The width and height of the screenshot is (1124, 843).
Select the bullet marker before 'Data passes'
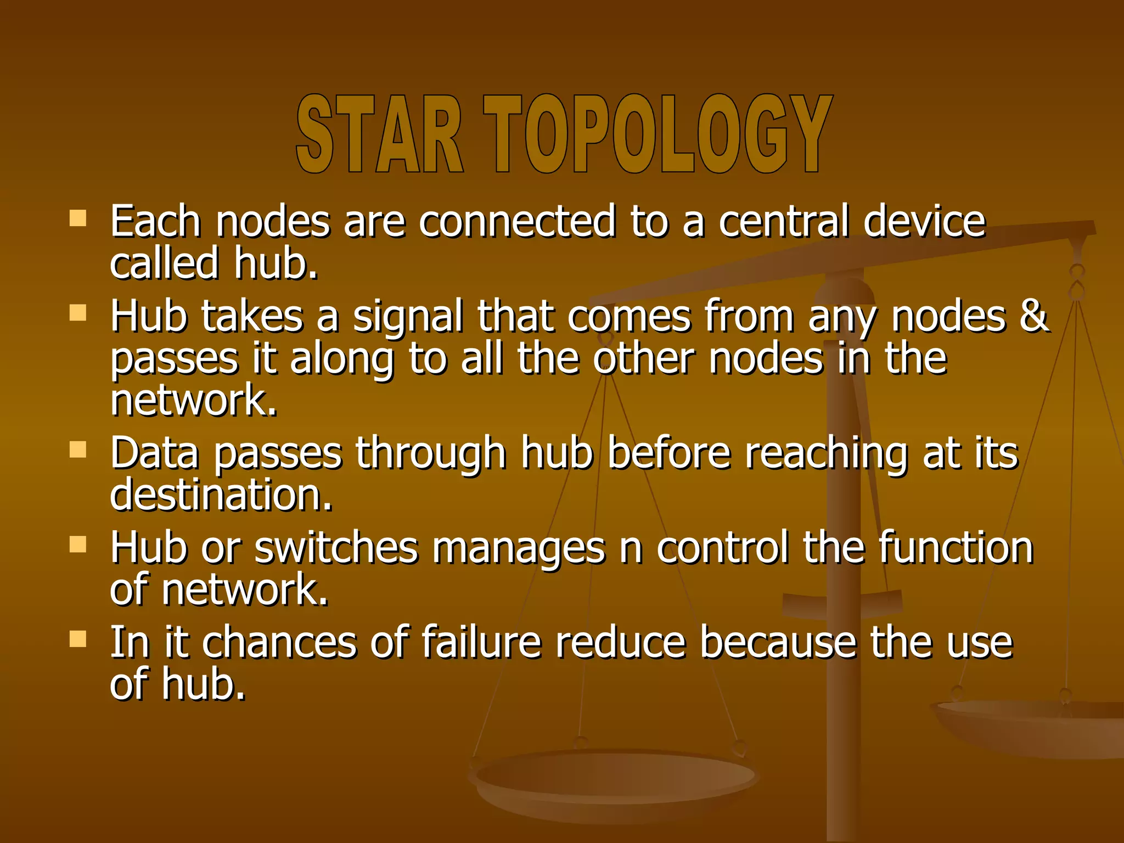pyautogui.click(x=78, y=450)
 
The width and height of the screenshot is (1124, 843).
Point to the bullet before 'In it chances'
pyautogui.click(x=78, y=639)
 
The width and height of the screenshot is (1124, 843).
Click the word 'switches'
pyautogui.click(x=336, y=548)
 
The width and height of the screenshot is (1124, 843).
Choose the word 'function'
pyautogui.click(x=956, y=548)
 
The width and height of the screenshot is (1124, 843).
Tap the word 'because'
pyautogui.click(x=778, y=642)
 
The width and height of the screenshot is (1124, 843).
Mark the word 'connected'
pyautogui.click(x=517, y=221)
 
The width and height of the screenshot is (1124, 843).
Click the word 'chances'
pyautogui.click(x=279, y=642)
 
